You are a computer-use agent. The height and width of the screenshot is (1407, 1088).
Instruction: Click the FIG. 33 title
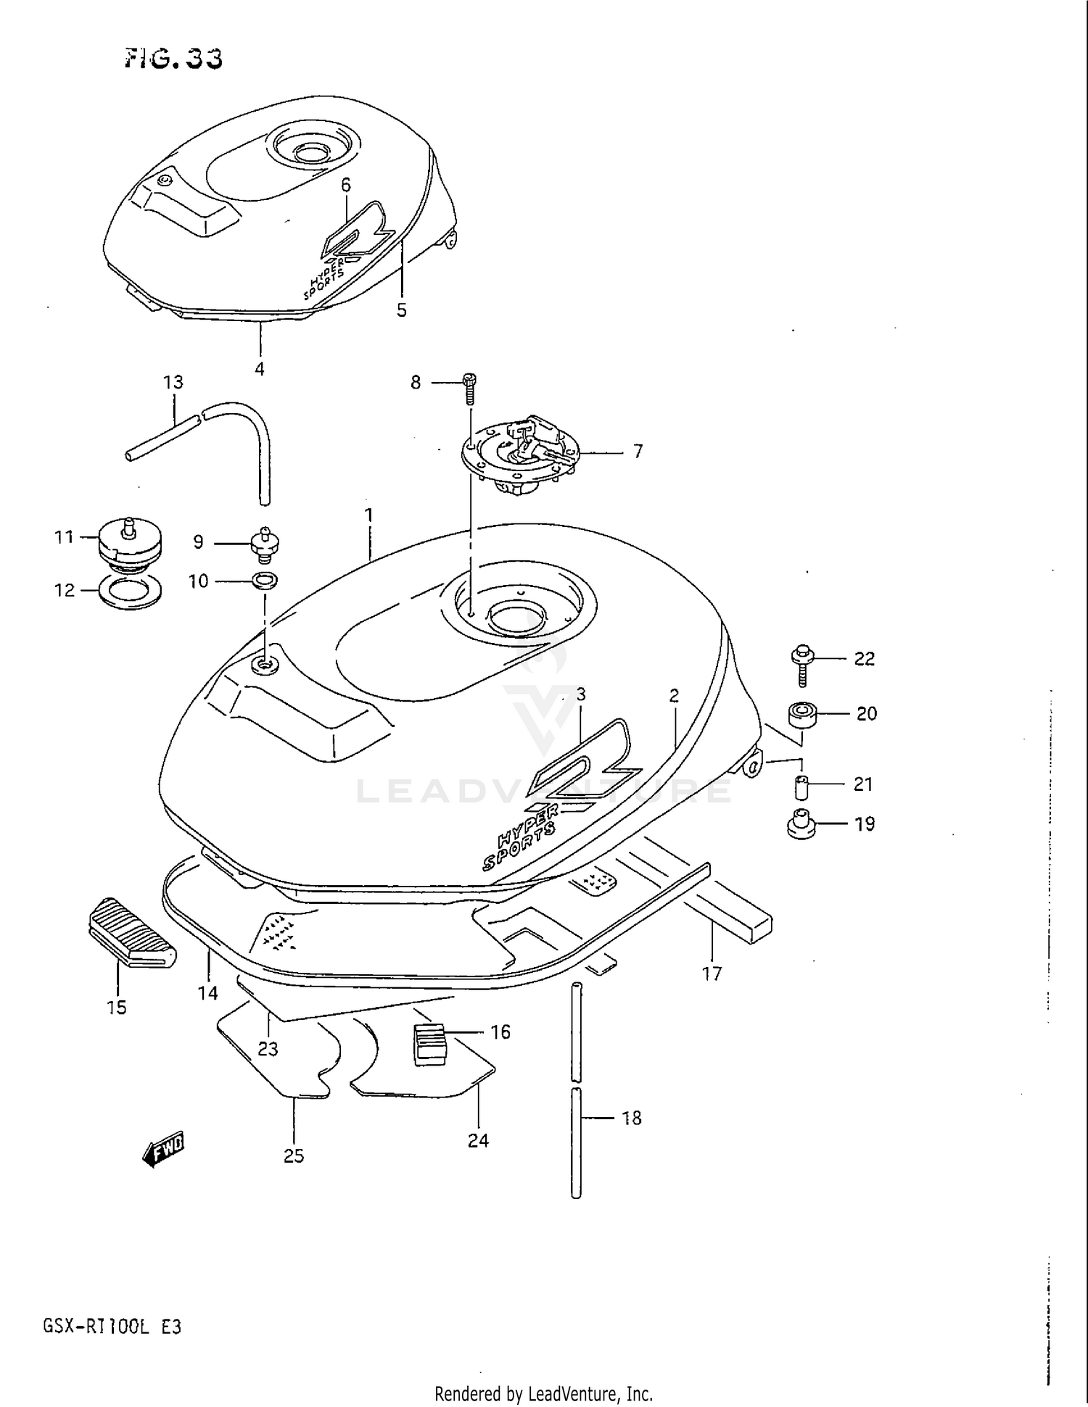[x=173, y=58]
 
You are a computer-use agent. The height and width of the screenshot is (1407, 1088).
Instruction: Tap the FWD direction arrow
[x=164, y=1149]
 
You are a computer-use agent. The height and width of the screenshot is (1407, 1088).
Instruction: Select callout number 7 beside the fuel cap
[x=638, y=452]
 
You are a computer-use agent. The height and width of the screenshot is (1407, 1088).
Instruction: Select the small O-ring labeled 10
[x=265, y=580]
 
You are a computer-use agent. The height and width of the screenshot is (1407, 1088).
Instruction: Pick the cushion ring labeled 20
[x=801, y=714]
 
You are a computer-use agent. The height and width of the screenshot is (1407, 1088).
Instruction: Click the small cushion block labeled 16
[x=429, y=1045]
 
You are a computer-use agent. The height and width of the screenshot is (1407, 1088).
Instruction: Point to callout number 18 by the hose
[x=632, y=1118]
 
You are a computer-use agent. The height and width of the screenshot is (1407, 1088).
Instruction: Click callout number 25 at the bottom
[x=294, y=1155]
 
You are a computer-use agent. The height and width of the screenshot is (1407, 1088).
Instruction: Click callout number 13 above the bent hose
[x=173, y=382]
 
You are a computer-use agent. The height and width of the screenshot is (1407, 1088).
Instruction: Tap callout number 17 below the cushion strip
[x=712, y=974]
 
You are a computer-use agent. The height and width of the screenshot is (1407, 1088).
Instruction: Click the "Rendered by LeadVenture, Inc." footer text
[x=543, y=1393]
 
